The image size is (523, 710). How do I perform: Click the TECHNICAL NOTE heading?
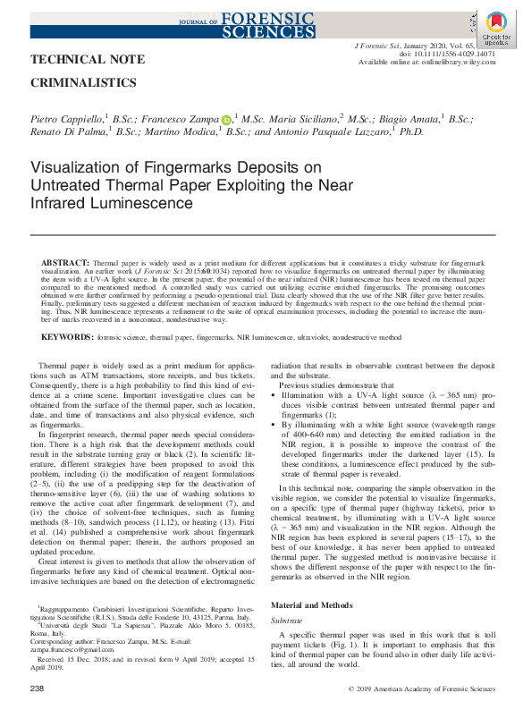point(88,60)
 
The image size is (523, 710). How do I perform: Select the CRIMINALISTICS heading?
point(84,82)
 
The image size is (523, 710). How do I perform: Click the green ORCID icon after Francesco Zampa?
point(226,120)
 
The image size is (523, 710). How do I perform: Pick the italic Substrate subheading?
point(287,620)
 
